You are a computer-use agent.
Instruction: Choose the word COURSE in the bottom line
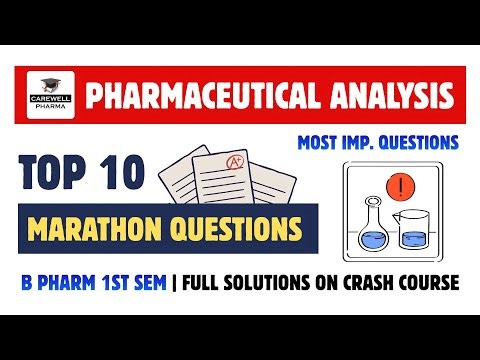pos(432,284)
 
